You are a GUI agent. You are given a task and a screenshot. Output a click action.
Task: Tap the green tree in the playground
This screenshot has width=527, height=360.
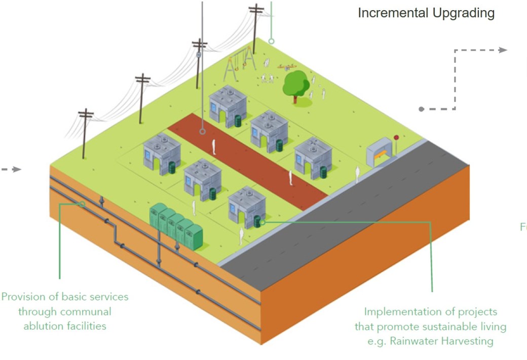pyautogui.click(x=295, y=84)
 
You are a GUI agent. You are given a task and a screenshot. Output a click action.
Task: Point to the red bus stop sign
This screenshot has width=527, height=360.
pyautogui.click(x=396, y=137)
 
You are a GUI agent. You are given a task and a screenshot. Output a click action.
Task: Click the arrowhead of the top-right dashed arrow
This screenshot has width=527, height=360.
pyautogui.click(x=503, y=50)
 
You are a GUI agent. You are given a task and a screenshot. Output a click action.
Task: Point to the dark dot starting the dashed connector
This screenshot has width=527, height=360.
pyautogui.click(x=421, y=109)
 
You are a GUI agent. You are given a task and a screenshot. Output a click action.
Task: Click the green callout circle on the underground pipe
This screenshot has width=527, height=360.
pyautogui.click(x=83, y=204)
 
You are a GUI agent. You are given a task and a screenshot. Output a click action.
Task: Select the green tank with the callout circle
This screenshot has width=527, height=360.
pyautogui.click(x=258, y=221)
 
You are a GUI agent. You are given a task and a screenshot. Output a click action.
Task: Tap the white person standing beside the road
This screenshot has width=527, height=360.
pyautogui.click(x=357, y=175)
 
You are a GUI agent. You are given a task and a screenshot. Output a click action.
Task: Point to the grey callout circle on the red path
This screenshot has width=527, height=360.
pyautogui.click(x=202, y=131)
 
